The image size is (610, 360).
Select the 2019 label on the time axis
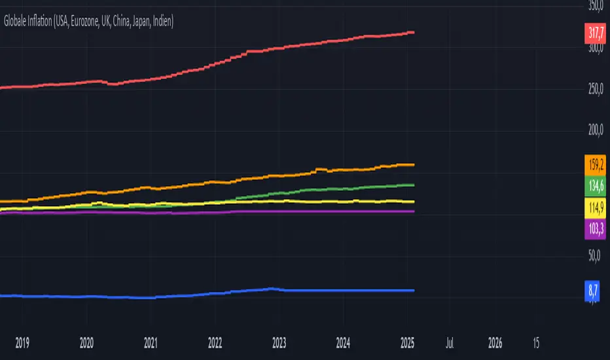[22, 342]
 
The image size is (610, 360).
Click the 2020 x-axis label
[86, 342]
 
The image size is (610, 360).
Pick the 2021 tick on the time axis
[151, 342]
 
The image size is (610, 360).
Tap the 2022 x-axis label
[215, 342]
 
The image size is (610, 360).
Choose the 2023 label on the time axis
[279, 342]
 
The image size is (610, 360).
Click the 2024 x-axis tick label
[344, 342]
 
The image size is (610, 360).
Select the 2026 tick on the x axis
[495, 342]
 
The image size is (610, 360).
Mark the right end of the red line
[412, 32]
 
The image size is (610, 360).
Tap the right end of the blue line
[412, 290]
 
